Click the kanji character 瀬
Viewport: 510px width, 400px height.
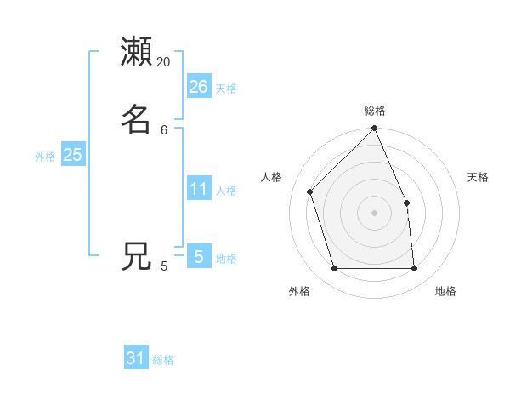137,52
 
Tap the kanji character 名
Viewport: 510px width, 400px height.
137,118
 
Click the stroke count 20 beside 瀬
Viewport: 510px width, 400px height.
164,62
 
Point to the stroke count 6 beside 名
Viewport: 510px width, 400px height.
164,129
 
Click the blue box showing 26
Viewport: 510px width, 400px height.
198,87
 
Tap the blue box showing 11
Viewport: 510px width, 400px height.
198,189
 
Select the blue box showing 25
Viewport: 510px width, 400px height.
72,155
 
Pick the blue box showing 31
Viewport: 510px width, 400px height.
136,358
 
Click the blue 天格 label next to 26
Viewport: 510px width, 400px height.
226,88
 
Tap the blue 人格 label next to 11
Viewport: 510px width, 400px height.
227,190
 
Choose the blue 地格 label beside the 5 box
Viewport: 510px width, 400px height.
226,259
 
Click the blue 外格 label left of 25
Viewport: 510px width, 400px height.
45,156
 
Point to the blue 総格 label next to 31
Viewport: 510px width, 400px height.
163,360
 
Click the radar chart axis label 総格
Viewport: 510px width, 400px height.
375,111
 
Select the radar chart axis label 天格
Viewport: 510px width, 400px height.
478,177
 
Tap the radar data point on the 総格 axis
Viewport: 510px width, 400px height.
375,129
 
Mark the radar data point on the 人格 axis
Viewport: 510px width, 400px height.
311,191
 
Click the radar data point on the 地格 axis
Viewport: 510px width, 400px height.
414,268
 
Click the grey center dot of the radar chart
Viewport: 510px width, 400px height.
375,213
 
